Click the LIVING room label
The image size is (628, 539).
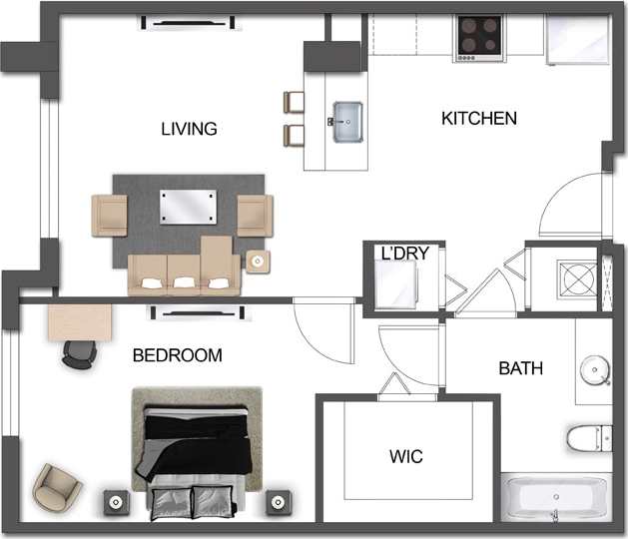coord(189,129)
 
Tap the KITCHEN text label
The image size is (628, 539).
coord(479,119)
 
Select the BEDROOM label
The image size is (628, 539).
coord(177,355)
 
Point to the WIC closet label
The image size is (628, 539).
coord(405,457)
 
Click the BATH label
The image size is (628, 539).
coord(520,368)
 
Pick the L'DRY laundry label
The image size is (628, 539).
coord(404,254)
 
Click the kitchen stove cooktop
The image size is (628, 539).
coord(480,38)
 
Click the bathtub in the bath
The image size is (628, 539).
coord(553,498)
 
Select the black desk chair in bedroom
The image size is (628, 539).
coord(77,351)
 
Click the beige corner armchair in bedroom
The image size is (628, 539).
coord(57,488)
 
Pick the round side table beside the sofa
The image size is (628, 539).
coord(258,262)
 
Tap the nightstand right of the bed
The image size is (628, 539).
coord(277,501)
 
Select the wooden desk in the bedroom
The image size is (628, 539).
coord(79,321)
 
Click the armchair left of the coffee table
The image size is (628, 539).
coord(110,214)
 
